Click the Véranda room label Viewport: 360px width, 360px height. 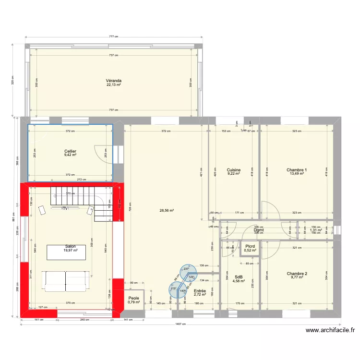pyautogui.click(x=114, y=81)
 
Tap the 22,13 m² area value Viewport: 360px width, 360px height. pyautogui.click(x=114, y=85)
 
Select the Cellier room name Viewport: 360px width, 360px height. pyautogui.click(x=71, y=151)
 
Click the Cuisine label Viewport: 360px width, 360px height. pyautogui.click(x=234, y=170)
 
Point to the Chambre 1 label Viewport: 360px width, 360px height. pyautogui.click(x=297, y=170)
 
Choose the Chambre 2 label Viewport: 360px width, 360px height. pyautogui.click(x=297, y=274)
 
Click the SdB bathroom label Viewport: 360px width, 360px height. pyautogui.click(x=239, y=277)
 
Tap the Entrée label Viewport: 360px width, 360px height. pyautogui.click(x=200, y=291)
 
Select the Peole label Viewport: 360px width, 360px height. pyautogui.click(x=133, y=298)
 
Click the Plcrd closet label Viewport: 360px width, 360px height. pyautogui.click(x=250, y=246)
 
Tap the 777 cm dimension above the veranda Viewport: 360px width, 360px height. pyautogui.click(x=114, y=36)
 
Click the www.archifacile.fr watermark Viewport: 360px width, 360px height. pyautogui.click(x=329, y=330)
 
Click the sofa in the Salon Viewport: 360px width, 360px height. pyautogui.click(x=66, y=280)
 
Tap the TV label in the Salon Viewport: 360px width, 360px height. pyautogui.click(x=66, y=208)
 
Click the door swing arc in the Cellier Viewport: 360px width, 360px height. pyautogui.click(x=102, y=153)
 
